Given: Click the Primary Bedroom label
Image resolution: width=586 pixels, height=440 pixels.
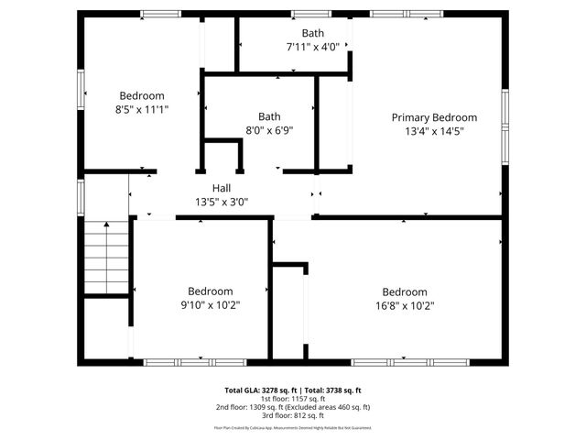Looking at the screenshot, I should pos(434,117).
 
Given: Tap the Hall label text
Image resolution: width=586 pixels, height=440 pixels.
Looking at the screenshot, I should pos(221,188).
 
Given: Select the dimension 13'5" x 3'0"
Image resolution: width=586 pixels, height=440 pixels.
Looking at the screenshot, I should pos(221,202).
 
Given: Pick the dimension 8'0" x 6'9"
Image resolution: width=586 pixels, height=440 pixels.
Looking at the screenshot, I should pos(268,130).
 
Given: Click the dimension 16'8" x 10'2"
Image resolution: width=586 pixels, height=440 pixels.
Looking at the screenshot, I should pos(404,305).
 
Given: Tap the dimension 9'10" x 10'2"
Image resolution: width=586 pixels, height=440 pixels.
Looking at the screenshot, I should pos(210,305).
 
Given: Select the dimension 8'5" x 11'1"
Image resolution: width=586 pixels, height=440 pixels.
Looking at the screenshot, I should pos(142,108).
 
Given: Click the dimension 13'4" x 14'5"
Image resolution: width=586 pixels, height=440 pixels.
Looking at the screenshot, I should pos(434,131).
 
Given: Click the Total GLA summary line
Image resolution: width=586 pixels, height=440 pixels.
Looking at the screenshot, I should pos(293,390).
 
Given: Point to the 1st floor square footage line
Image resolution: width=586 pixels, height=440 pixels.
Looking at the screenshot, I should pos(293,399).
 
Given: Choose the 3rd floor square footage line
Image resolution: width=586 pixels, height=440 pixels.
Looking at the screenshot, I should pos(293,415).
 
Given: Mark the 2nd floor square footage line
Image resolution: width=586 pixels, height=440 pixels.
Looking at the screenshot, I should pos(293,407).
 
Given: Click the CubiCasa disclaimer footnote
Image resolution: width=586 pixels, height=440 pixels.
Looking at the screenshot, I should pos(293,427).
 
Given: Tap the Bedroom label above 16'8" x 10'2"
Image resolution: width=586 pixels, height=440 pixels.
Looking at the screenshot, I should pos(404,291).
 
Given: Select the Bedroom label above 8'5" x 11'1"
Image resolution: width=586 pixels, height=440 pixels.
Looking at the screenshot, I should pos(142,95).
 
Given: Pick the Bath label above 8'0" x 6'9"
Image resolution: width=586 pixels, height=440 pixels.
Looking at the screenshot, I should pos(268,116).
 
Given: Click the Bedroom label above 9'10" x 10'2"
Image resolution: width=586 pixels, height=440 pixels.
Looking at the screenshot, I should pos(210,291).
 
